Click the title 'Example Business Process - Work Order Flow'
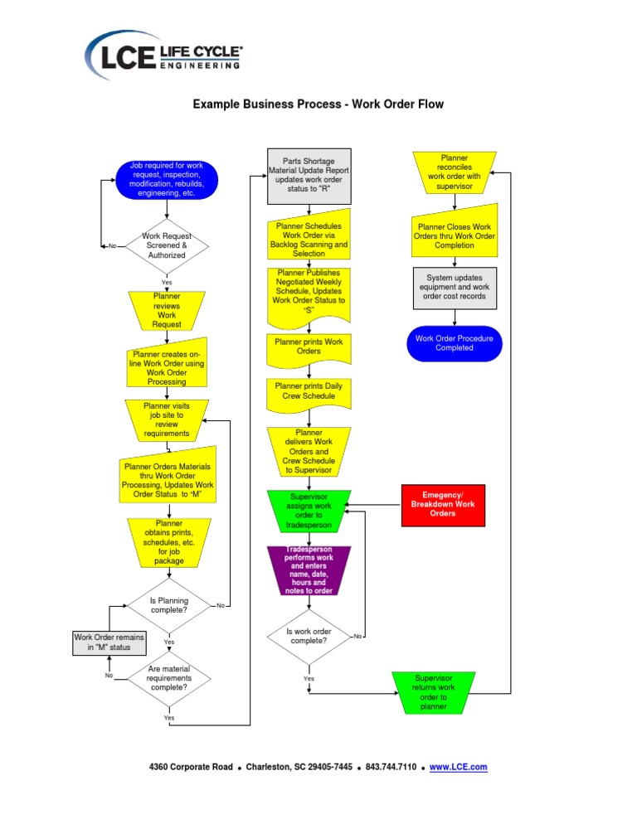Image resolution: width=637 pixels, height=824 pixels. pos(318,104)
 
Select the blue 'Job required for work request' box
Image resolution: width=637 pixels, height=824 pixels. pos(167,180)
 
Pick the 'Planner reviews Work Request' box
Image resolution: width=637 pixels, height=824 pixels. pos(167,310)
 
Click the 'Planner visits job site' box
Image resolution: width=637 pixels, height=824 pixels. pos(167,419)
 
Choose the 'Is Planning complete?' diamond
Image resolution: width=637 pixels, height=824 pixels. pos(168,606)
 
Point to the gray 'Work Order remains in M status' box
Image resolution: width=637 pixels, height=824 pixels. pos(109,642)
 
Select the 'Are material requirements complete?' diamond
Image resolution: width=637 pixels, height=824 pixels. pos(168,677)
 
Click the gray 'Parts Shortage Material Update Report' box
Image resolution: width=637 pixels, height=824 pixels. pos(308,176)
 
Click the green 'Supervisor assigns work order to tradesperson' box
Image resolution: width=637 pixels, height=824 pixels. pos(308,510)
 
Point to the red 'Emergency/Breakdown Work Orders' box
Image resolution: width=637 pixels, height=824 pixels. pos(442,505)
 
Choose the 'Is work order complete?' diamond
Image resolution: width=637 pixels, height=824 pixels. pos(308,636)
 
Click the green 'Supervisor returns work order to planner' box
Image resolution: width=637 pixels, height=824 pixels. pos(434,693)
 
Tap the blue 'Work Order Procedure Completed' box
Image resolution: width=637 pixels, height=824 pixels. pos(454,343)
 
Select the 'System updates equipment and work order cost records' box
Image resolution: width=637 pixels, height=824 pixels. pos(454,287)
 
